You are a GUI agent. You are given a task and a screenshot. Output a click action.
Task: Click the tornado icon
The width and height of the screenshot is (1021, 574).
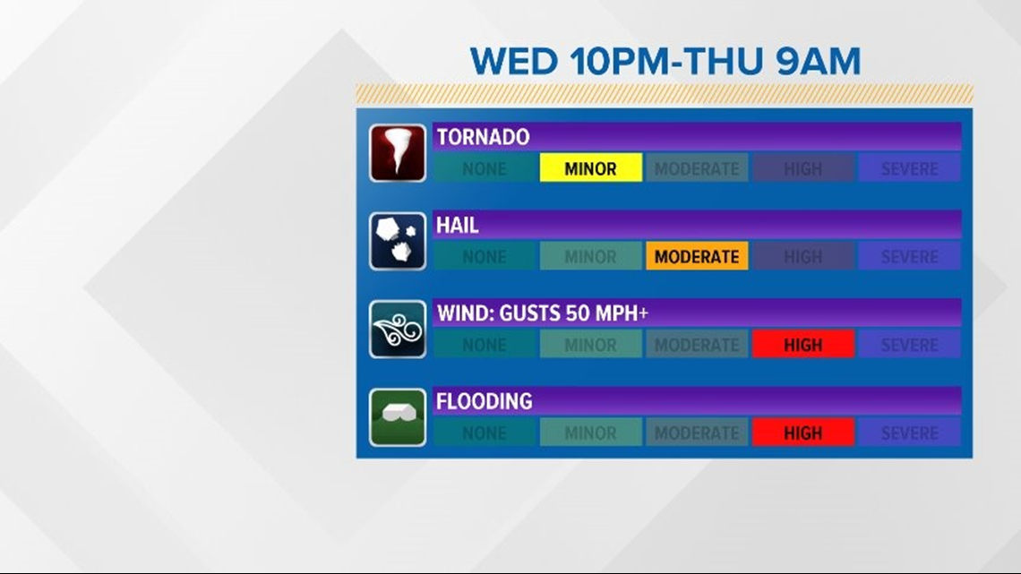tap(397, 153)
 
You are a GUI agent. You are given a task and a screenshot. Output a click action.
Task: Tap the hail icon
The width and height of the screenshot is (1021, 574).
tap(397, 241)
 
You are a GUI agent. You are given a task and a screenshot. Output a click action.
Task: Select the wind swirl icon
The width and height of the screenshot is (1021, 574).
tap(397, 330)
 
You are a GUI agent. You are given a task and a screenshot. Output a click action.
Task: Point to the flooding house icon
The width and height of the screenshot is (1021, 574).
tap(397, 417)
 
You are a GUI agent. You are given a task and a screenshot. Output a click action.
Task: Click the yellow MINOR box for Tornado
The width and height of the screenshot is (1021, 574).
tap(590, 168)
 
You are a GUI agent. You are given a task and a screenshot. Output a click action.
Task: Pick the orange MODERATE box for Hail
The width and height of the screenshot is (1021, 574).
tap(697, 256)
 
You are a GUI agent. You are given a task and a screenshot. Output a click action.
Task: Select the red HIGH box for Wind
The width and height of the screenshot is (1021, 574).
tap(802, 344)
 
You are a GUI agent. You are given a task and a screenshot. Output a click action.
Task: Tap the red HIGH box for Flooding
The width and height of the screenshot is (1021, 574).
tap(802, 433)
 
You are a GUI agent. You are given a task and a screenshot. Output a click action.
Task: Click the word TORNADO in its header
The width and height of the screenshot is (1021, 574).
tap(483, 137)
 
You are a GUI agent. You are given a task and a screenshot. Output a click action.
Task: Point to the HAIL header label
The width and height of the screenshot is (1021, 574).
tap(457, 225)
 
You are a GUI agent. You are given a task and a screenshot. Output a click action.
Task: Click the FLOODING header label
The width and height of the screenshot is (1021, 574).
tap(484, 401)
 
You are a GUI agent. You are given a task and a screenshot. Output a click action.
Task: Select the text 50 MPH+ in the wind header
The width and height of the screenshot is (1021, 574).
tap(607, 313)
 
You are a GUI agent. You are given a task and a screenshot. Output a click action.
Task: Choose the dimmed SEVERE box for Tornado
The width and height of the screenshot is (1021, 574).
tap(910, 168)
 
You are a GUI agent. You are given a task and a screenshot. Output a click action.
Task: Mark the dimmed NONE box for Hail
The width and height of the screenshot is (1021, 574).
tap(485, 256)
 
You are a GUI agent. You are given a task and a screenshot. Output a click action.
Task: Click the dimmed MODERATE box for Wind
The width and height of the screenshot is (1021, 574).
tap(697, 344)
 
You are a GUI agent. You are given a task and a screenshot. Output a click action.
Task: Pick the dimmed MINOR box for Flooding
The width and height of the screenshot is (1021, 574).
tap(590, 433)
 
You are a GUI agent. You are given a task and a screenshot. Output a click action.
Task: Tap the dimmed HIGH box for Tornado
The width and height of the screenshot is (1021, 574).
tap(802, 168)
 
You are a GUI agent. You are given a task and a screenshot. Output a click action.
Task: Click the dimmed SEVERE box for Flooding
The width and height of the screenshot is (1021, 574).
tap(910, 433)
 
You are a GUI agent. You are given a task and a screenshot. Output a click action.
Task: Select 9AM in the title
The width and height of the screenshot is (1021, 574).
tap(819, 61)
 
